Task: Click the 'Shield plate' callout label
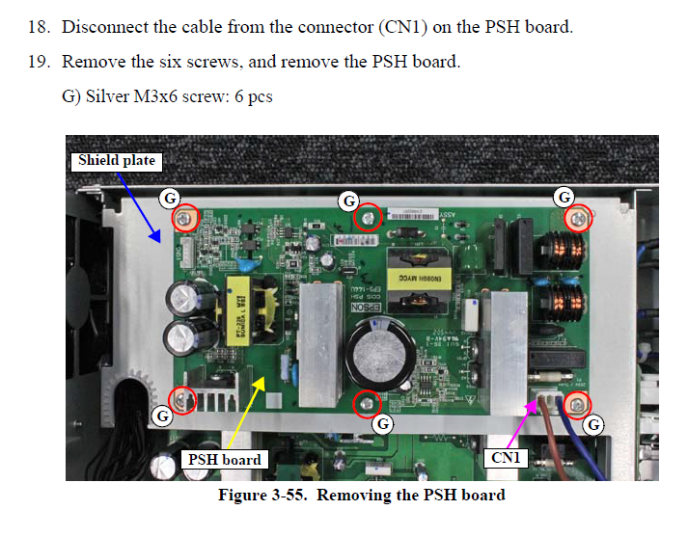point(117,160)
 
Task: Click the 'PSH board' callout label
point(223,460)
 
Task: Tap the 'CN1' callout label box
point(506,458)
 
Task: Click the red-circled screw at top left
point(185,219)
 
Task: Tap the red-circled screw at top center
point(367,219)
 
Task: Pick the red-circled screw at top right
point(577,218)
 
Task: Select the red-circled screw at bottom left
point(183,396)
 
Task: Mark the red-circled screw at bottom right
point(577,405)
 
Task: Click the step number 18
point(39,27)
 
